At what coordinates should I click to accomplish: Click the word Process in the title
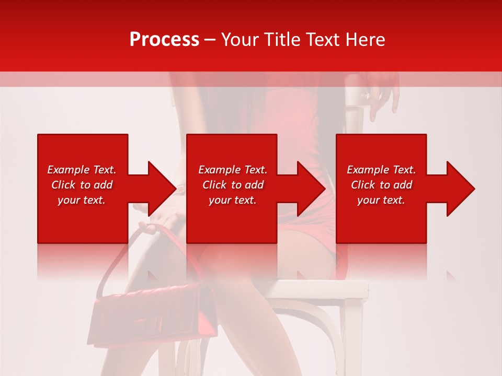(x=164, y=39)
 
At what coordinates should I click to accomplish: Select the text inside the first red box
(x=82, y=185)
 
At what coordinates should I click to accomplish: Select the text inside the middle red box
(x=233, y=185)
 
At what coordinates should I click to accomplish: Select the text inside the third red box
(x=381, y=185)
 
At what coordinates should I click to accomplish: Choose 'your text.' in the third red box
(x=381, y=200)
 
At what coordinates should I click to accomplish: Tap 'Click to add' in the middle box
(x=233, y=185)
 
